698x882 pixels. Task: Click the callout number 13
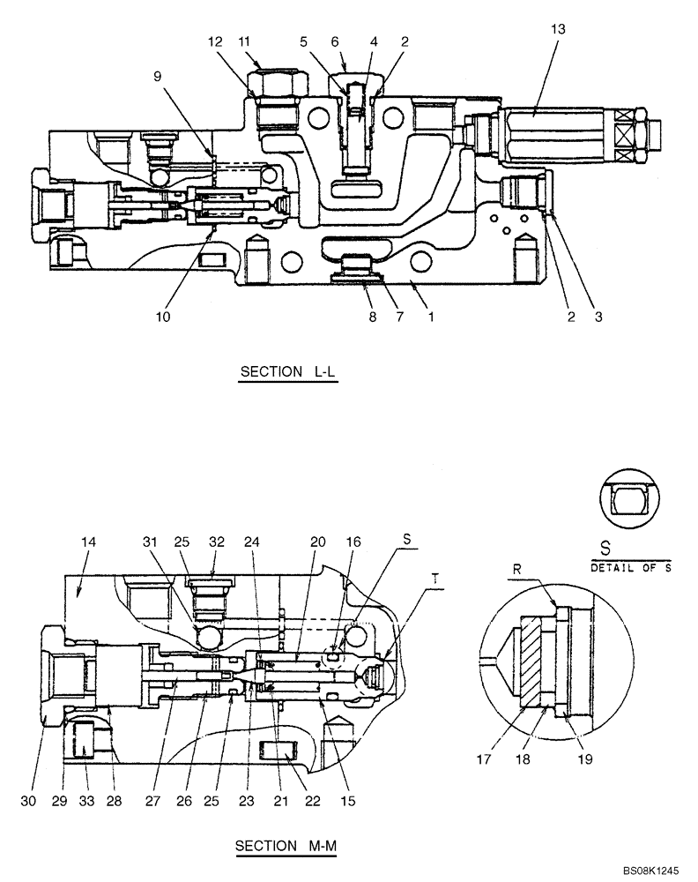pyautogui.click(x=559, y=28)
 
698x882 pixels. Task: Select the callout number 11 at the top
pyautogui.click(x=244, y=41)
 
